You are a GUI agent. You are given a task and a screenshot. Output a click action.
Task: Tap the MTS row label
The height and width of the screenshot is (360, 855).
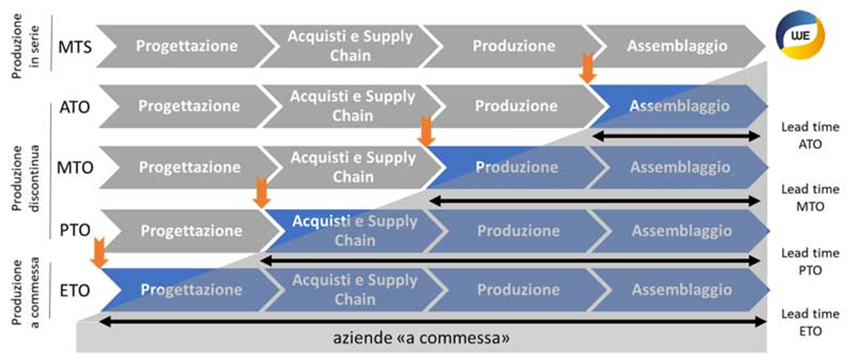(x=73, y=45)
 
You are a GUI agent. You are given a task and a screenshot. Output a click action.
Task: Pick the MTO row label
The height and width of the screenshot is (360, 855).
(x=73, y=167)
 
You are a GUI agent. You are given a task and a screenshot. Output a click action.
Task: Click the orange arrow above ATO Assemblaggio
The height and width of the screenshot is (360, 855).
(x=588, y=66)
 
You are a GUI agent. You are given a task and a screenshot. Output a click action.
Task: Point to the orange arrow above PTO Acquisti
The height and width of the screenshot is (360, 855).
(x=262, y=192)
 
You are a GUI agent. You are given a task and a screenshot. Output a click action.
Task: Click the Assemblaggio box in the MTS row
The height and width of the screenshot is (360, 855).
(x=679, y=45)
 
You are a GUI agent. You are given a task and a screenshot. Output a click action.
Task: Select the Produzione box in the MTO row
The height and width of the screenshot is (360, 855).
(x=515, y=167)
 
